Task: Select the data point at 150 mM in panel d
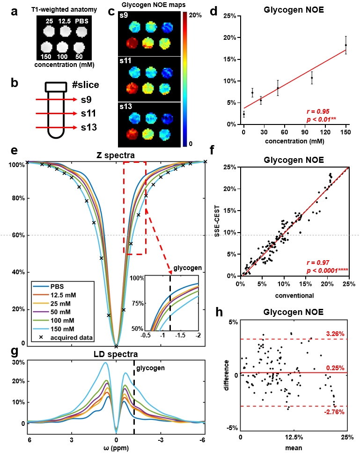[x=346, y=45]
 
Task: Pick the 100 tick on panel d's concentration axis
[x=312, y=132]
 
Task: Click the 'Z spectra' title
[x=116, y=154]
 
